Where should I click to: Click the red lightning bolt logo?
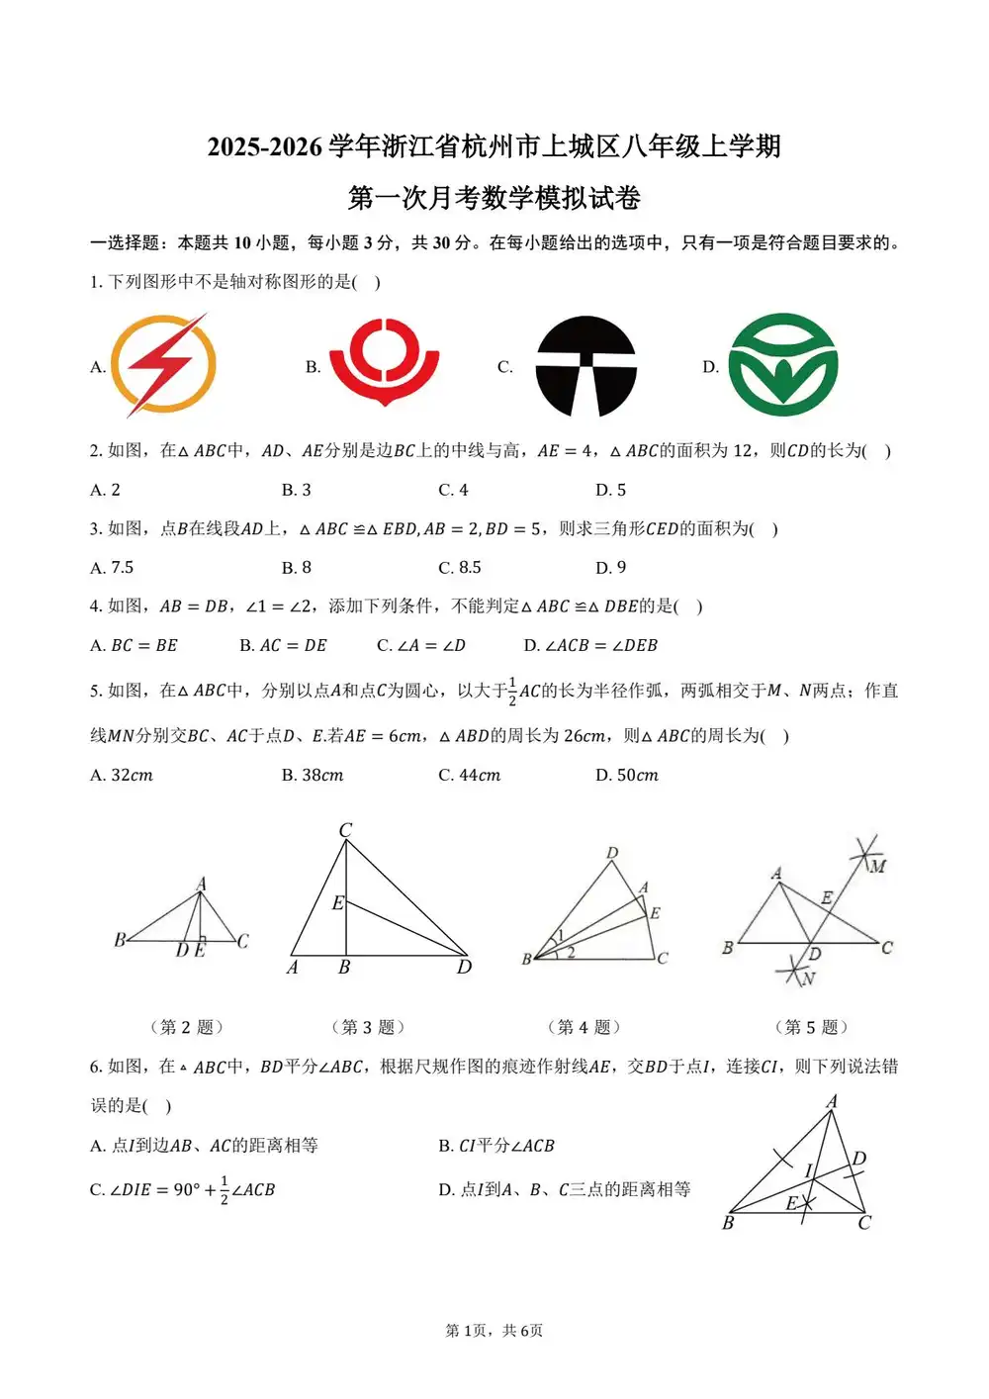coord(164,365)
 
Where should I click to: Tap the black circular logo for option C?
coord(585,366)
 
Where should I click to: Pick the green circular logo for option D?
coord(782,364)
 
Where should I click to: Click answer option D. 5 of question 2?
coord(610,490)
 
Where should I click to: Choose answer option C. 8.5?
coord(460,568)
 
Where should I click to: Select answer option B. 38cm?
coord(313,776)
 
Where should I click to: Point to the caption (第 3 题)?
coord(368,1027)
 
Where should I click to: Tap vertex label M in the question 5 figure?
coord(877,867)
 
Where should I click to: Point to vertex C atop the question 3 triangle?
coord(345,831)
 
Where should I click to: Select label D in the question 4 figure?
coord(612,853)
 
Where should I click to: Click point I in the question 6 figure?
coord(808,1170)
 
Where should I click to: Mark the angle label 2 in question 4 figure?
coord(571,953)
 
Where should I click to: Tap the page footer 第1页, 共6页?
coord(494,1331)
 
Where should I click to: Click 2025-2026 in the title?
coord(264,147)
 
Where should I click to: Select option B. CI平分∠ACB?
coord(496,1146)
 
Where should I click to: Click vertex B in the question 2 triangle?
coord(119,939)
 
